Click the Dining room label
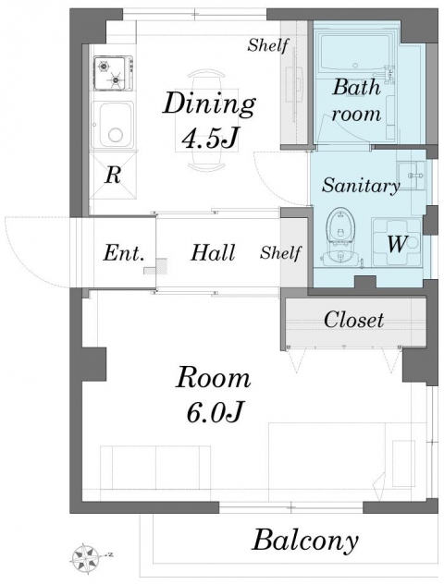(x=209, y=104)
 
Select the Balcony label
(x=305, y=541)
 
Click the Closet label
(x=353, y=320)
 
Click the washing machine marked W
(x=396, y=242)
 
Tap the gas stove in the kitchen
(x=114, y=73)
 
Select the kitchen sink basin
(x=112, y=125)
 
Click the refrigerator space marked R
(x=113, y=175)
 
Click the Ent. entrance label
(x=123, y=253)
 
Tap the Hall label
(x=213, y=252)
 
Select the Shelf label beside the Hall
(x=280, y=253)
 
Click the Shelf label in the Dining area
(x=268, y=45)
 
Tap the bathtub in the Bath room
(x=356, y=52)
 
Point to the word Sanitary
(x=361, y=185)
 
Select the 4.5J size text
(x=210, y=139)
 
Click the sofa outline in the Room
(x=155, y=468)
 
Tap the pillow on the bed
(x=403, y=464)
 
